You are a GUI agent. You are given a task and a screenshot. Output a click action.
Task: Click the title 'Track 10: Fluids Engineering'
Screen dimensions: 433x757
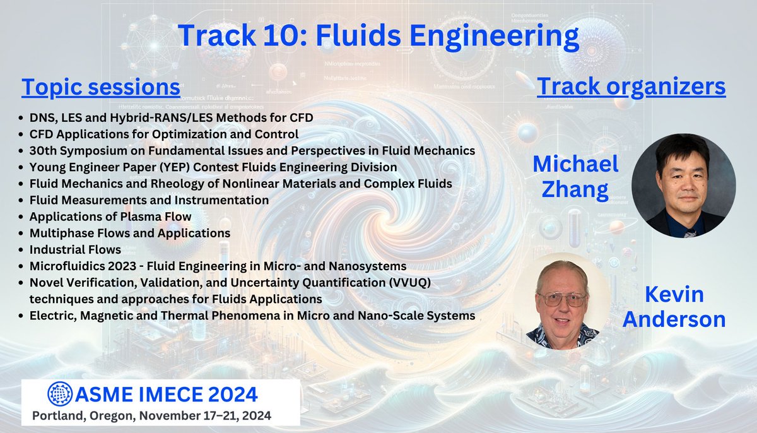pyautogui.click(x=378, y=37)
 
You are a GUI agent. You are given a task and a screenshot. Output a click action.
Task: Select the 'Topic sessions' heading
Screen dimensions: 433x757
pyautogui.click(x=101, y=87)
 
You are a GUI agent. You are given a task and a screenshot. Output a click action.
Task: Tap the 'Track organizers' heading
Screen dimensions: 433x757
pyautogui.click(x=631, y=87)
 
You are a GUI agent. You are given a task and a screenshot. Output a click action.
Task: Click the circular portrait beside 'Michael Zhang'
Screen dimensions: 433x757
pyautogui.click(x=683, y=185)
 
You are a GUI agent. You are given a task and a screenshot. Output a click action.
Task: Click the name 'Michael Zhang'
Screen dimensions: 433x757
pyautogui.click(x=576, y=177)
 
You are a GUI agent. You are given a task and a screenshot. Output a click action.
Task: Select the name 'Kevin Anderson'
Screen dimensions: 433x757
pyautogui.click(x=674, y=307)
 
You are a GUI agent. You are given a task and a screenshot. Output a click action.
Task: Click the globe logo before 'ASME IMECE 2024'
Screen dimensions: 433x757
pyautogui.click(x=61, y=394)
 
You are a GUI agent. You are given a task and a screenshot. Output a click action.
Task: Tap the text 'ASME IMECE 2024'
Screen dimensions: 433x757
pyautogui.click(x=167, y=394)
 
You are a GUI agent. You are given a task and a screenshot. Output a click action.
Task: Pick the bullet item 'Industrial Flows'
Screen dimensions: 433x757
pyautogui.click(x=67, y=250)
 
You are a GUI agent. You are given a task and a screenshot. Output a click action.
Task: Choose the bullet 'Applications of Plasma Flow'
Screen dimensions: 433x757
pyautogui.click(x=110, y=216)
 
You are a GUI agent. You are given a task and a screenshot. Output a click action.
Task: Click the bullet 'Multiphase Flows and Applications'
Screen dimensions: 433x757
pyautogui.click(x=130, y=233)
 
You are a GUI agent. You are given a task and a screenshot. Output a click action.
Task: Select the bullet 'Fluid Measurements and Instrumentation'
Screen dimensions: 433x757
pyautogui.click(x=150, y=200)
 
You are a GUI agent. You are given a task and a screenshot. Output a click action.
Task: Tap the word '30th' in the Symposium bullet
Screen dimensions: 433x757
pyautogui.click(x=42, y=151)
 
